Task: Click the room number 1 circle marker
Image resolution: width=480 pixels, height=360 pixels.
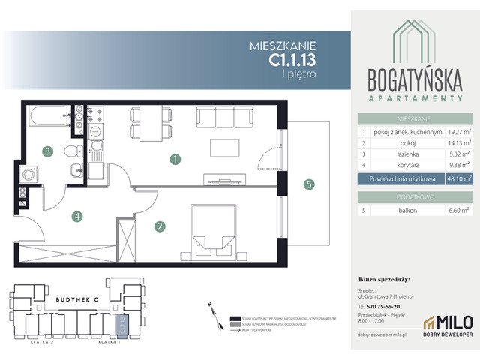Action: (x=174, y=159)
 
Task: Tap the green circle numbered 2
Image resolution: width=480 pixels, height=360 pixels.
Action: (x=159, y=225)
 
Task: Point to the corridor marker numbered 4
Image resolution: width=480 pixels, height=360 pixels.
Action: (x=77, y=217)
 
